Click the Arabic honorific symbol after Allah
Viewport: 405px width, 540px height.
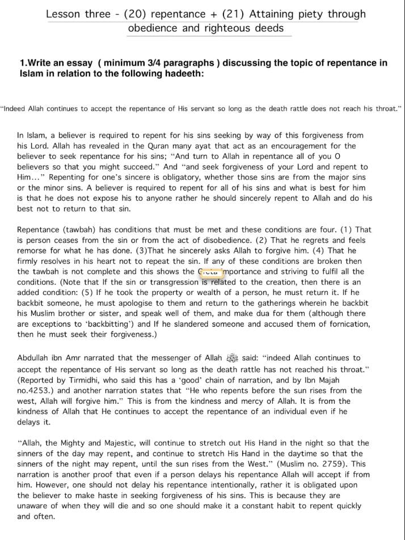click(x=232, y=358)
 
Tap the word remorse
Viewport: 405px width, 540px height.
click(x=33, y=251)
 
